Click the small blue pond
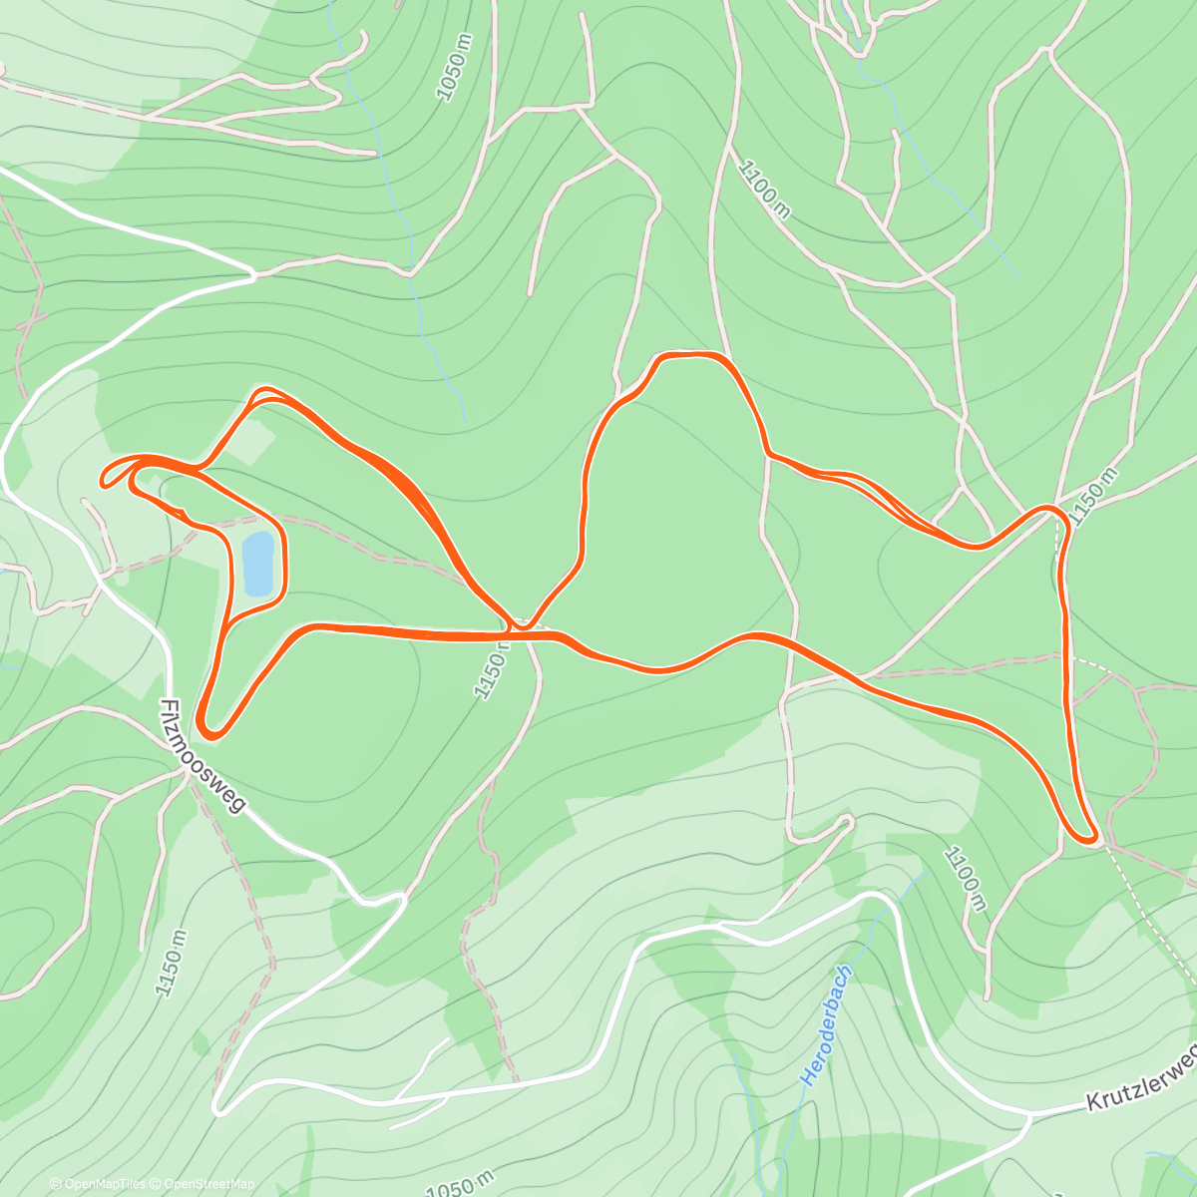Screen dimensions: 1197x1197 coord(258,564)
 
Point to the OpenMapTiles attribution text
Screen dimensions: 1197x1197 coord(98,1184)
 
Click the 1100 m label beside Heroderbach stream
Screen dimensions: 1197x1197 coord(965,878)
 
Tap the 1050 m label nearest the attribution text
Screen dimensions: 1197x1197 coord(460,1183)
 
